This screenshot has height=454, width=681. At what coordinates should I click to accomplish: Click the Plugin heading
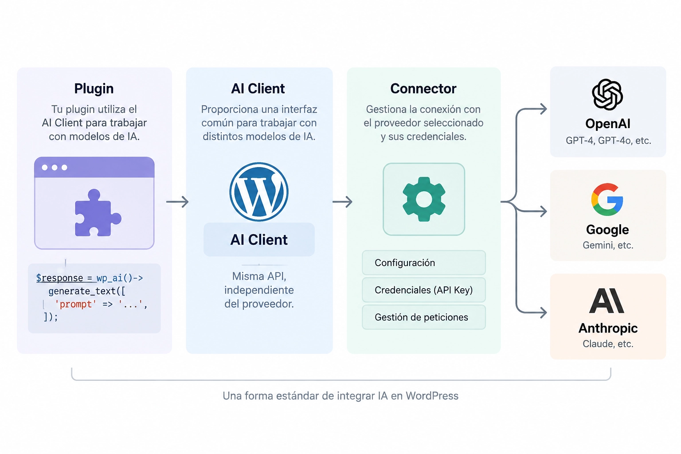[94, 89]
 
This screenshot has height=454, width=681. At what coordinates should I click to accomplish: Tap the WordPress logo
[259, 192]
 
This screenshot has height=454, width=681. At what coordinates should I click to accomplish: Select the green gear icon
[424, 199]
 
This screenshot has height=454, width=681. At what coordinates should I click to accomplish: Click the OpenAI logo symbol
[607, 94]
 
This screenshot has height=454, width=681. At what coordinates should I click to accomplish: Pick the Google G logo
[607, 200]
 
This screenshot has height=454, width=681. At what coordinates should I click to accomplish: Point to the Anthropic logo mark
[607, 301]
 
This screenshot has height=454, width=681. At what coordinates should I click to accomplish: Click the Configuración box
[424, 263]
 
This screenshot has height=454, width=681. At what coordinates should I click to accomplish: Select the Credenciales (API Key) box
[424, 290]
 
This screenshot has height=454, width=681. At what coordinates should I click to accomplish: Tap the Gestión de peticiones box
[424, 317]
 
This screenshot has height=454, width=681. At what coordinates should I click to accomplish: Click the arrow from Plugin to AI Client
[177, 202]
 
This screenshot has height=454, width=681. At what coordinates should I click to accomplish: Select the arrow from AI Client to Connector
[342, 202]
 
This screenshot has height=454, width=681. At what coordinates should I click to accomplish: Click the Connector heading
[423, 89]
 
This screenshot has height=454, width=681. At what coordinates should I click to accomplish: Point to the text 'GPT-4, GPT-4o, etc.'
[608, 141]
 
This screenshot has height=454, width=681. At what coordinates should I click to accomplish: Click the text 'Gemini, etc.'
[608, 245]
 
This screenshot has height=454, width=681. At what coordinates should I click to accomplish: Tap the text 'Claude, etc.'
[608, 344]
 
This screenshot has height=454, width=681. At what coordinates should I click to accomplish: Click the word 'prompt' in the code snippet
[76, 305]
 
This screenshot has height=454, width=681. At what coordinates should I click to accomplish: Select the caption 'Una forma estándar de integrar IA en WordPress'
[340, 396]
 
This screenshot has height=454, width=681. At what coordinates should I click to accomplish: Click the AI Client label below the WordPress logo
[259, 239]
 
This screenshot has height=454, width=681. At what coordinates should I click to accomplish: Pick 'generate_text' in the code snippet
[82, 291]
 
